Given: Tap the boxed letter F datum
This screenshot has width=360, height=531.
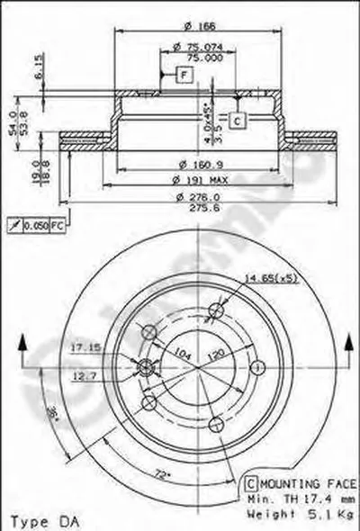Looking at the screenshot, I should tap(184, 76).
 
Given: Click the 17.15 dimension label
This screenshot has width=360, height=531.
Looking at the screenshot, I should tap(85, 345).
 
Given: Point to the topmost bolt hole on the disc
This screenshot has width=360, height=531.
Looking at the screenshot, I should tap(214, 311).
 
